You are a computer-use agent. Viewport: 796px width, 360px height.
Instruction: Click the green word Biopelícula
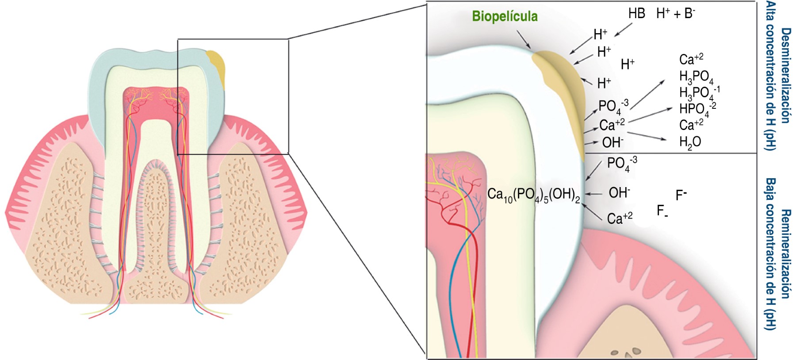coord(505,17)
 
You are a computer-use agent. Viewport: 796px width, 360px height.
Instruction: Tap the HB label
coord(636,14)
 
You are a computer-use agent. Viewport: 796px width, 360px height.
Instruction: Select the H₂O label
coord(690,142)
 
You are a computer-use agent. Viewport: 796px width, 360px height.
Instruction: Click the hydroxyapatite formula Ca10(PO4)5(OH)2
coord(533,195)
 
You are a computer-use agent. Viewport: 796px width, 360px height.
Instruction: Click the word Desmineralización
coord(785,76)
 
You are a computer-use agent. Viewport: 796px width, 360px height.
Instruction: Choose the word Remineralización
coord(785,254)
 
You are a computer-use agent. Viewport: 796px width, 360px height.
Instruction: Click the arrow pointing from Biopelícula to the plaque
coord(523,40)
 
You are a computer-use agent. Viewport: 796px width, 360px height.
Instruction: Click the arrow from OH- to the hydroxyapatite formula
coord(593,194)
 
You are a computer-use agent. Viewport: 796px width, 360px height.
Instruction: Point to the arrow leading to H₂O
coord(647,136)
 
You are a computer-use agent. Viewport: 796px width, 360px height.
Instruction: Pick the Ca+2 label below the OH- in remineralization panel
coord(619,218)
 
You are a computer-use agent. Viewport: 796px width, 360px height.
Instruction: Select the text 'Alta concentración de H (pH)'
coord(770,76)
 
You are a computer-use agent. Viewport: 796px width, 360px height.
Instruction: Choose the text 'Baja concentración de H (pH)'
coord(770,254)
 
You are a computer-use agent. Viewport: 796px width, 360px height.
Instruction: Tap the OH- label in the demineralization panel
coord(612,142)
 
